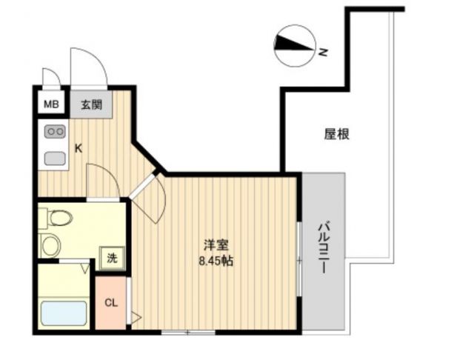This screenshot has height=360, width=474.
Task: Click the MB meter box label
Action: tap(50, 104)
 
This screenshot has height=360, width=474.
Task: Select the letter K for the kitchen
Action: tap(79, 147)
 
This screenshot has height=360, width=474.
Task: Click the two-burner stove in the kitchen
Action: tap(54, 132)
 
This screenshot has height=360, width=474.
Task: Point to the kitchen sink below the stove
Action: tap(54, 157)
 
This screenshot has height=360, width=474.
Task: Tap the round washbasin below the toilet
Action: tap(51, 245)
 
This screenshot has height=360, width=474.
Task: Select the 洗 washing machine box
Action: tap(112, 259)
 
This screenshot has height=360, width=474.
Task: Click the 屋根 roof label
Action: tap(337, 134)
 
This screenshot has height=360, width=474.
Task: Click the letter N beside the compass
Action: tap(323, 53)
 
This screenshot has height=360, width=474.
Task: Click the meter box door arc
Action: tap(50, 76)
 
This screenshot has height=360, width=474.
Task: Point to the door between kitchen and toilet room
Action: tap(101, 181)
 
